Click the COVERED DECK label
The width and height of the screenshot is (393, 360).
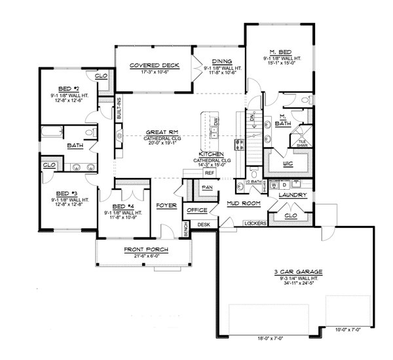(145, 65)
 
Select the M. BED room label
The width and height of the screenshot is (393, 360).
(281, 52)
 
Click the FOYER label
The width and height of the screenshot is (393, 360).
(164, 205)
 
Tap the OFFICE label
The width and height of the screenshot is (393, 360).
(197, 210)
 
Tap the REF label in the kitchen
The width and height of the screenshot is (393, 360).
(209, 173)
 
